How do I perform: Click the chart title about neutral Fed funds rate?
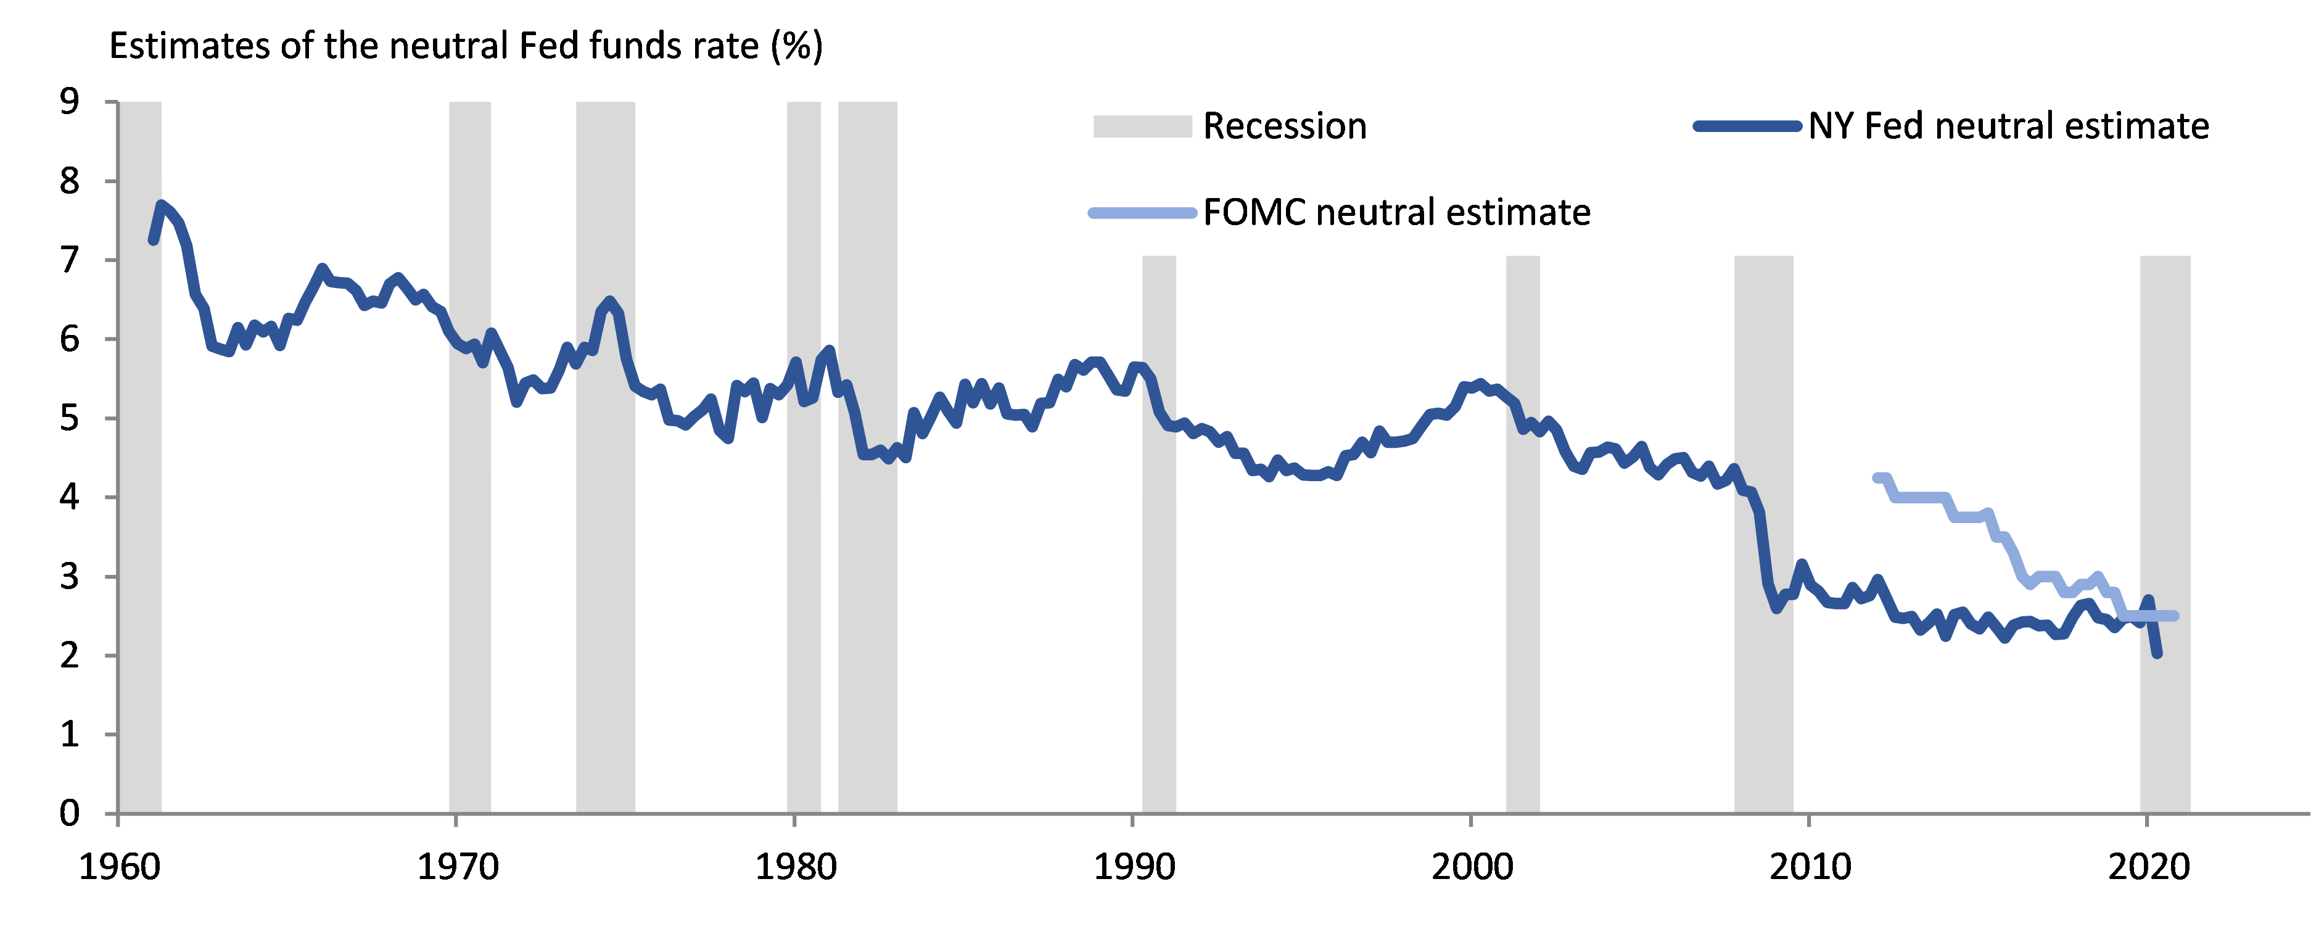(x=466, y=46)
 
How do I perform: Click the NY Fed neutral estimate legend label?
(x=2008, y=126)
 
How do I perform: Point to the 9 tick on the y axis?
(x=69, y=101)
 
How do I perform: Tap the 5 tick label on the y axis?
(x=69, y=418)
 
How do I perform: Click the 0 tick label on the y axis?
(x=69, y=813)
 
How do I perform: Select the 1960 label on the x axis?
(x=119, y=867)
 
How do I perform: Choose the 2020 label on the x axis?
(x=2148, y=867)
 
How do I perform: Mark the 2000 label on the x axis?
(x=1472, y=867)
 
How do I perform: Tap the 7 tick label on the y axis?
(x=69, y=260)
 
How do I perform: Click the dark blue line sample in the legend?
(x=1747, y=126)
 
